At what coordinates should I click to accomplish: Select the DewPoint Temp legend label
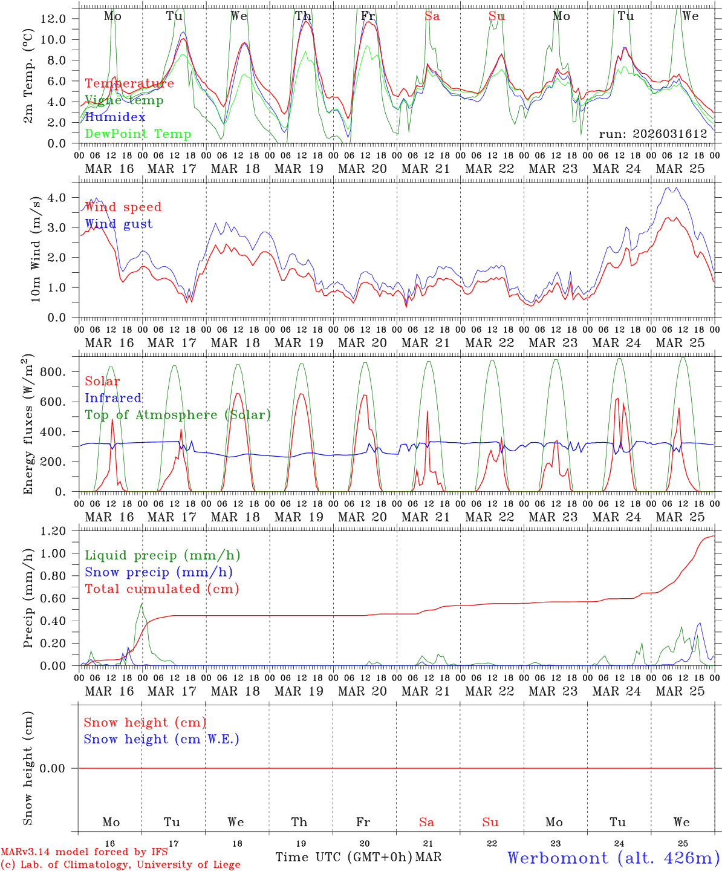click(x=138, y=134)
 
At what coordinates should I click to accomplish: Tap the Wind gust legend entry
click(x=119, y=224)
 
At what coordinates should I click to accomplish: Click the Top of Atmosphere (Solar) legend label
click(x=177, y=415)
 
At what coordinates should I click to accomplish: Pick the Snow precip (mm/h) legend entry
click(x=158, y=572)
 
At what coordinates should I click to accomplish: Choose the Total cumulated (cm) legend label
click(x=161, y=589)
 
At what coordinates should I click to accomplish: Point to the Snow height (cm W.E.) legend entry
click(x=161, y=739)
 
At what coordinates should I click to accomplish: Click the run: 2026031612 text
click(x=652, y=134)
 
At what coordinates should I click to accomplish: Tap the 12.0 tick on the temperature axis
click(x=53, y=19)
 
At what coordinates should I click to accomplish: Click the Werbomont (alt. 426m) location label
click(x=613, y=858)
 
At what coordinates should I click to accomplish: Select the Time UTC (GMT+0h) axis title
click(x=343, y=857)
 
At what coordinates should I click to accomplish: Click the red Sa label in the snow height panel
click(x=426, y=822)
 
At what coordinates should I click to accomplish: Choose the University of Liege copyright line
click(x=120, y=865)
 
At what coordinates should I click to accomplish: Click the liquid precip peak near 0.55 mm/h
click(x=141, y=604)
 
